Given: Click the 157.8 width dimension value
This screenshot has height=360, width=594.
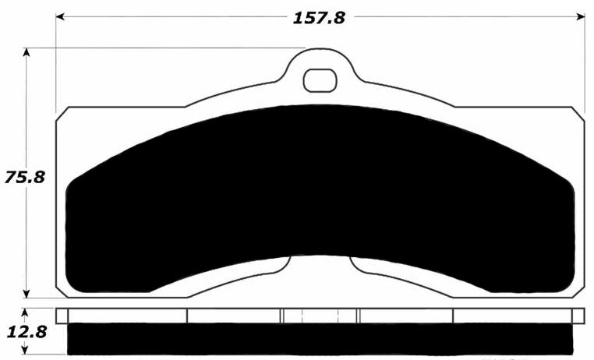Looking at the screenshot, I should coord(318,17).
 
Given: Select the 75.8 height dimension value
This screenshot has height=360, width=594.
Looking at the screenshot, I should coord(24,176).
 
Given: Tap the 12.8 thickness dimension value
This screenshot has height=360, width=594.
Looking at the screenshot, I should coord(24,332).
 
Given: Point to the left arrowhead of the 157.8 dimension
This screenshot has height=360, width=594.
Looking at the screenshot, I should coord(60,16).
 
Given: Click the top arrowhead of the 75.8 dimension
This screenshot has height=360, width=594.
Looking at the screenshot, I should coord(28,53).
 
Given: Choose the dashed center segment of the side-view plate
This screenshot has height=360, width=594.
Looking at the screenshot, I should coord(319,315).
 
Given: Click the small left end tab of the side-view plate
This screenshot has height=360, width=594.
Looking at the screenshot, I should coord(62,315).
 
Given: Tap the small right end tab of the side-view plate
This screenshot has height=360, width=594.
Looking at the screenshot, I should coord(578,315).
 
